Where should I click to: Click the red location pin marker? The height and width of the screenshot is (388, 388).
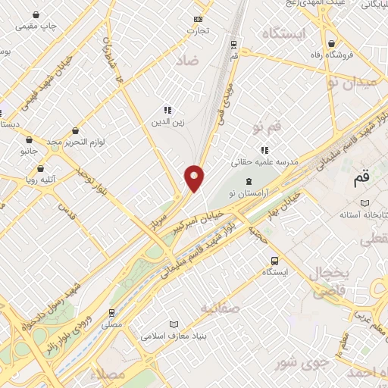(x=195, y=177)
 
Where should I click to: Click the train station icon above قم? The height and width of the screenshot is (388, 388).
(x=233, y=43)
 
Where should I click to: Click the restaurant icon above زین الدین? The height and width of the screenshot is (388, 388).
(x=167, y=110)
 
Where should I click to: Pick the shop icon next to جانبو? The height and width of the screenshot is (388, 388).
(x=29, y=140)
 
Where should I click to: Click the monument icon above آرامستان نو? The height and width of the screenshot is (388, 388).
(x=249, y=183)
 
